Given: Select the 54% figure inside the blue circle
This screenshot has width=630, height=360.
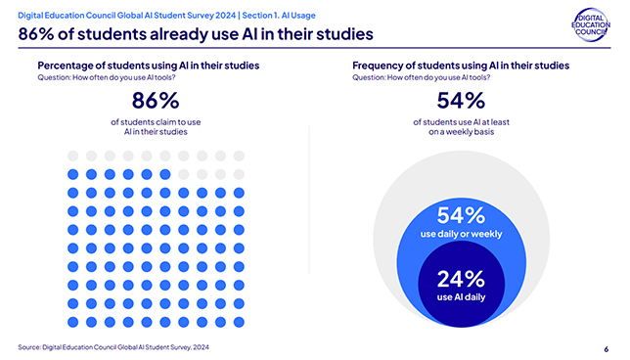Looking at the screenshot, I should (461, 215).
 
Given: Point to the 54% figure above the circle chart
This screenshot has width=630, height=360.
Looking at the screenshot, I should (461, 102).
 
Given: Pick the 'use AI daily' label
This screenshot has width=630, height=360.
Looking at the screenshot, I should (461, 296).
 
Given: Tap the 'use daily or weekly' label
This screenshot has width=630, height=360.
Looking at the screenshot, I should (461, 235).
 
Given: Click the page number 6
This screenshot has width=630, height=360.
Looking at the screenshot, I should (606, 347).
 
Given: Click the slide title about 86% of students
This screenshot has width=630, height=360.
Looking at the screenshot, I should (196, 36).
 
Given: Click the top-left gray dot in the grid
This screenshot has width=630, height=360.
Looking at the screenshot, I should (71, 156).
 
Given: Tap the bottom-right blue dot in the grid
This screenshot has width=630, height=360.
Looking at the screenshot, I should (239, 321).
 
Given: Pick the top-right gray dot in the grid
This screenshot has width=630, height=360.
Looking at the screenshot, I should (239, 156).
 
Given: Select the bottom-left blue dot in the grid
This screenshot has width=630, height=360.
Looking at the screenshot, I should (71, 321).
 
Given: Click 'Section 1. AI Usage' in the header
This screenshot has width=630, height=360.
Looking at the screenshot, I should (271, 15).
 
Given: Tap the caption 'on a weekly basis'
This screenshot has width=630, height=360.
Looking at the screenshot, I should (461, 132).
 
